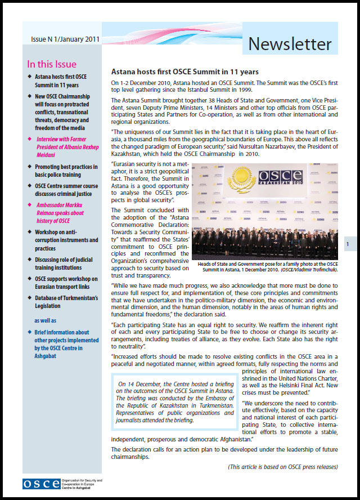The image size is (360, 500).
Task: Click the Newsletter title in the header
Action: coord(290,43)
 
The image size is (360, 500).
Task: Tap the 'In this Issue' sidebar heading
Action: coord(52,64)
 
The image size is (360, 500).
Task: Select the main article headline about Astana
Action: coord(184,72)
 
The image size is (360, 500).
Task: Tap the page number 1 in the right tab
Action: coord(348,244)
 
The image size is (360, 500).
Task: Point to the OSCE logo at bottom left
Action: coord(42,483)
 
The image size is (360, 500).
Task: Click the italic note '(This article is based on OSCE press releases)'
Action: coord(283,467)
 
